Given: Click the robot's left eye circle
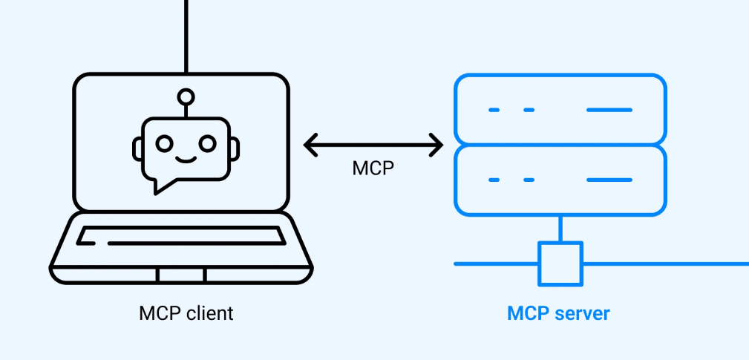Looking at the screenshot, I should coord(165,142).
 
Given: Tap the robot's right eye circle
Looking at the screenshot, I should coord(208,142).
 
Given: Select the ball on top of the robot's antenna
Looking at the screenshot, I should coord(186,96).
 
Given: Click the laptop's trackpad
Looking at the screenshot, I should coord(181,275).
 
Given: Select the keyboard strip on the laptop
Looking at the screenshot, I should coord(181,236).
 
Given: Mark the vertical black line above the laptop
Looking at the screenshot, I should coord(186,33).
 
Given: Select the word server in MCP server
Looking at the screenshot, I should coord(583,313).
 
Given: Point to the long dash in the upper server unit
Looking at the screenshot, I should coord(609,110).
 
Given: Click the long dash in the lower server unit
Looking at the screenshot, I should coord(609,180).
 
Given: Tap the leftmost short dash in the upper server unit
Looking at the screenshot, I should coord(494,110).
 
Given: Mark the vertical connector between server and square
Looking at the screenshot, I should coord(560,229).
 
